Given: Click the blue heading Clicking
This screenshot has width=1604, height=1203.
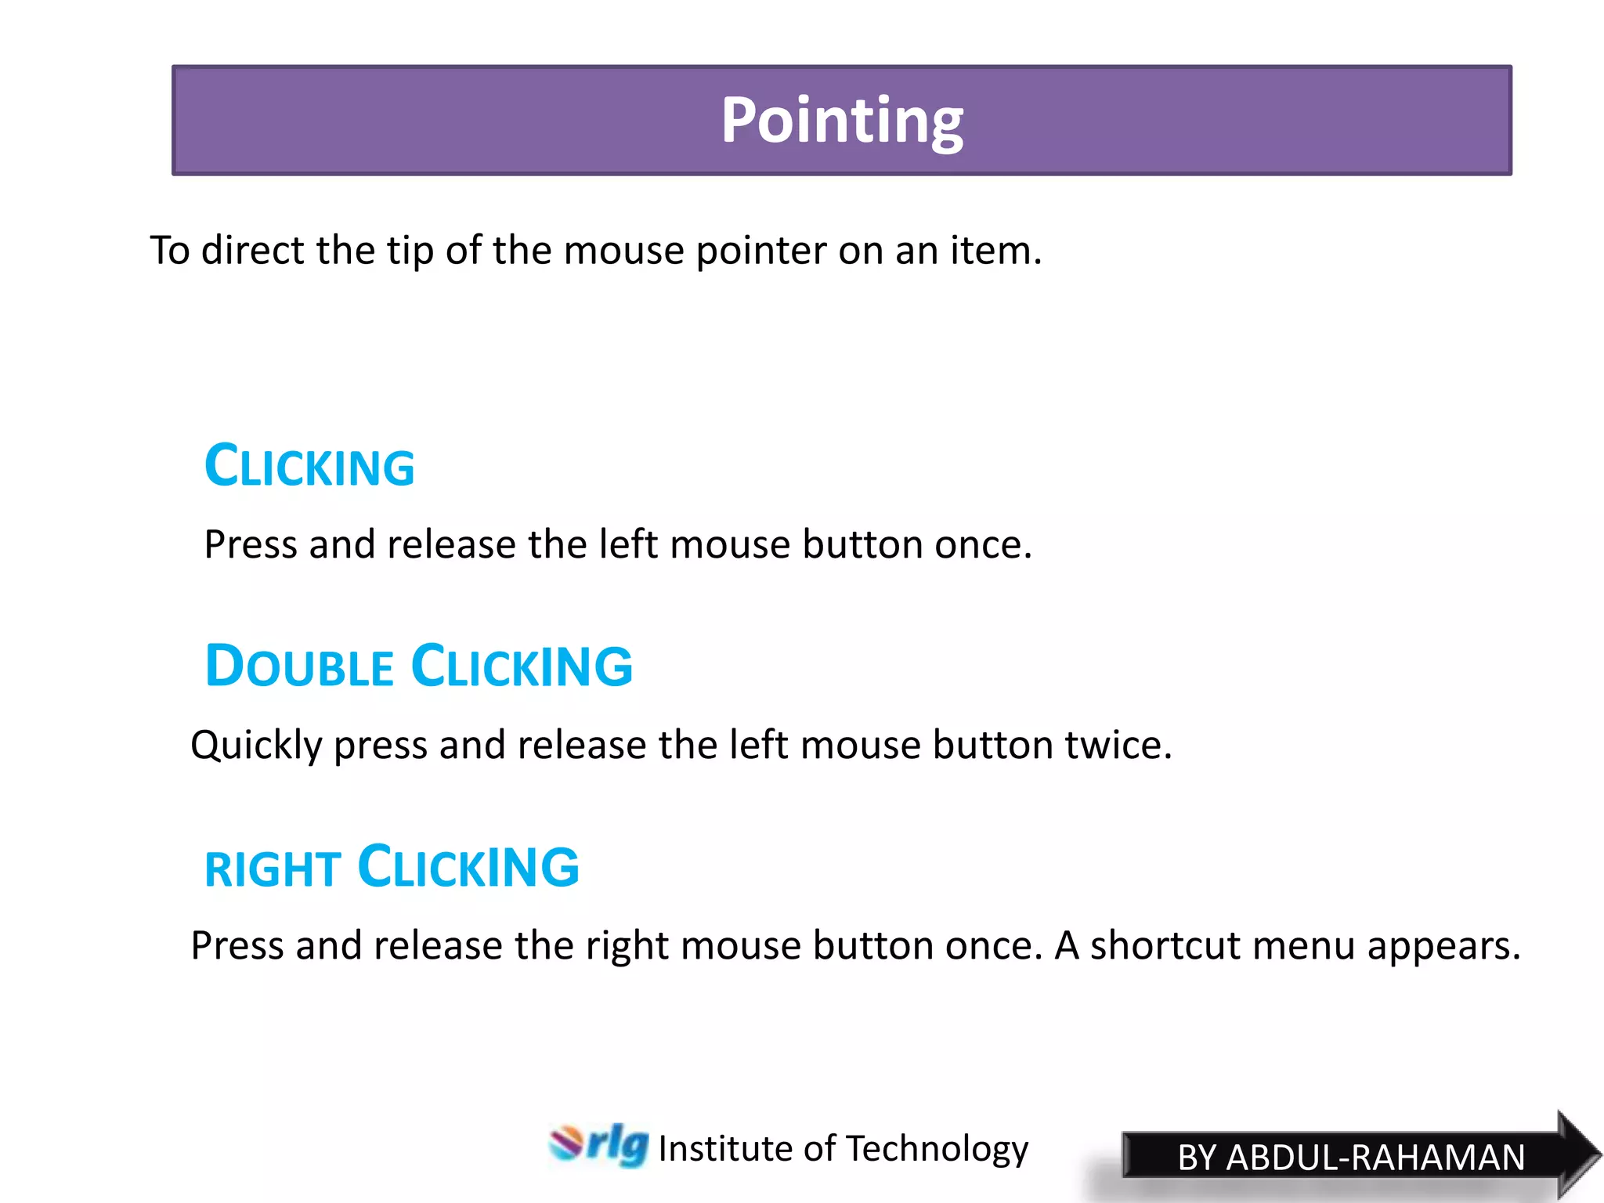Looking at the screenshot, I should [309, 467].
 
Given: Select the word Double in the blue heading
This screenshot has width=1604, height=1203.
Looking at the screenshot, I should [298, 667].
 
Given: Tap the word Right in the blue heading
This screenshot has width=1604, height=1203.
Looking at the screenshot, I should [272, 869].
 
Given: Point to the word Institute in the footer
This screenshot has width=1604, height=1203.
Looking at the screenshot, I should [725, 1149].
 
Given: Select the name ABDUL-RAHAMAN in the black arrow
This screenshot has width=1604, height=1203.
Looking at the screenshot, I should [1375, 1158].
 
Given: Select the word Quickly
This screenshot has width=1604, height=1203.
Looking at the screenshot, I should [256, 746].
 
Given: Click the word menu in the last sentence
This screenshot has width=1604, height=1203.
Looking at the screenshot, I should [1303, 945].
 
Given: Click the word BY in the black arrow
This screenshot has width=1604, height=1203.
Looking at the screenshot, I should [1196, 1158].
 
